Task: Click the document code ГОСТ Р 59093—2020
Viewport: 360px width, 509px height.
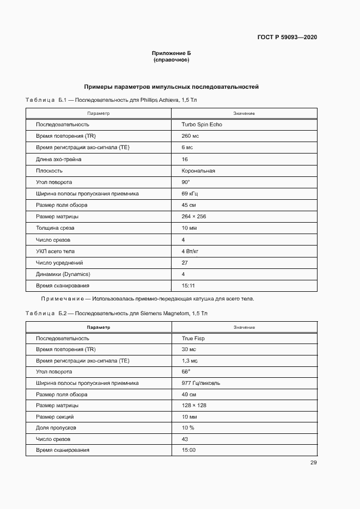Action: coord(287,38)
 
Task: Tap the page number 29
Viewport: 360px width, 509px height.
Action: coord(313,463)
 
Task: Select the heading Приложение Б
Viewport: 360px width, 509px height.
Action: coord(171,53)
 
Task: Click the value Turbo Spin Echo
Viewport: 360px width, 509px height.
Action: coord(202,125)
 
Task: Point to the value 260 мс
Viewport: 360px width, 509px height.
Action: coord(191,136)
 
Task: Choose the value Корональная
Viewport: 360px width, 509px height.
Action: coord(198,170)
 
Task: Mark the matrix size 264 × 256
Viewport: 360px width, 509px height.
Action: coord(194,217)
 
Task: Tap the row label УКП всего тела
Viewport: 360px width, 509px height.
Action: coord(56,251)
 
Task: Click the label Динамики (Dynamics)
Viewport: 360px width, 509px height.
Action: coord(63,274)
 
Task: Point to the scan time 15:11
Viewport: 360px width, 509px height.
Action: coord(188,285)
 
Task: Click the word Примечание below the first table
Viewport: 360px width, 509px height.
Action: coord(62,299)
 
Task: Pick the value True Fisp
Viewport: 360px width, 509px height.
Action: coord(193,338)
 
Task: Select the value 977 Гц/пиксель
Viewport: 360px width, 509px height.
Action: coord(201,383)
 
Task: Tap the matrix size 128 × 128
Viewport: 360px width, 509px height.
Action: coord(194,406)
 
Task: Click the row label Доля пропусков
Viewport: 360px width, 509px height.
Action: coord(56,428)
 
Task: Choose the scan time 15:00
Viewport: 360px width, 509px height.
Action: coord(188,450)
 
